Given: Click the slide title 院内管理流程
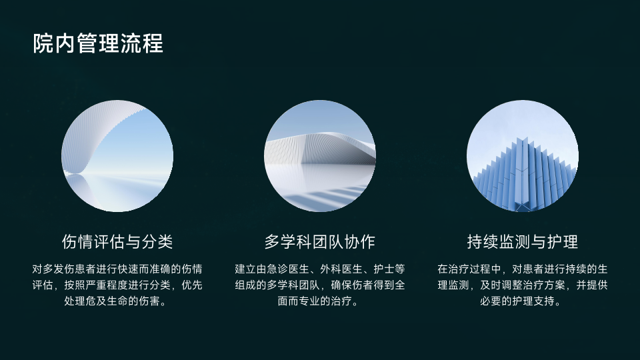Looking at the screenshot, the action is coord(98,43).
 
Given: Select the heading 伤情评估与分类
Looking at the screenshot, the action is coord(117,241).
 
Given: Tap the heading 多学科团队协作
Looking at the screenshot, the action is coord(319,241).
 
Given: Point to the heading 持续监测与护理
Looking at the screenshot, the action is coord(523,241).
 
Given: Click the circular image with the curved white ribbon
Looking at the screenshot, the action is coord(117,156).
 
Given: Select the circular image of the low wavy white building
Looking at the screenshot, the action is coord(319,156).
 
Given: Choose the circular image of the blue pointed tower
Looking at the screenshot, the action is coord(523,156).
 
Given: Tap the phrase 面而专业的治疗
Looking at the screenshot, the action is coord(315,301).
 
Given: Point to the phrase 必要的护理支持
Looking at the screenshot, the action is coord(517,301).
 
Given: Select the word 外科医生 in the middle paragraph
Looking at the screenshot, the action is coord(341,269).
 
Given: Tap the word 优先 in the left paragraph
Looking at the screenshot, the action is coord(192,285).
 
